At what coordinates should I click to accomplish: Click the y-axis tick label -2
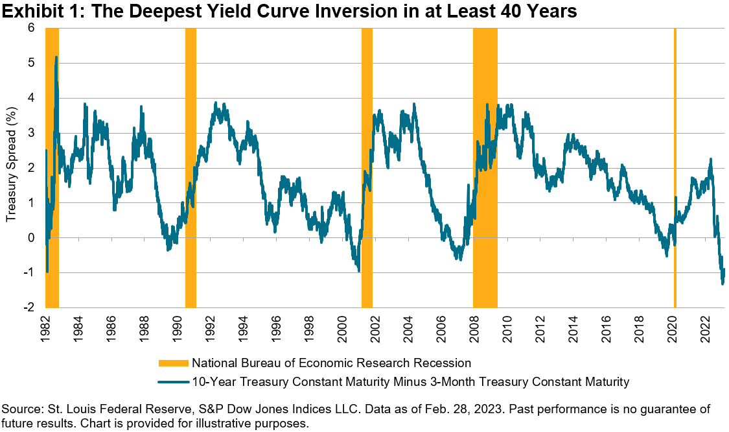click(29, 307)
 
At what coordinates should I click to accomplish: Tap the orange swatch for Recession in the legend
click(172, 363)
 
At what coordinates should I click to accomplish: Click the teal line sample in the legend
click(172, 382)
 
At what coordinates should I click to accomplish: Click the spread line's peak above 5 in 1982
click(56, 57)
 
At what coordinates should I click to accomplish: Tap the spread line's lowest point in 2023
click(723, 283)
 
